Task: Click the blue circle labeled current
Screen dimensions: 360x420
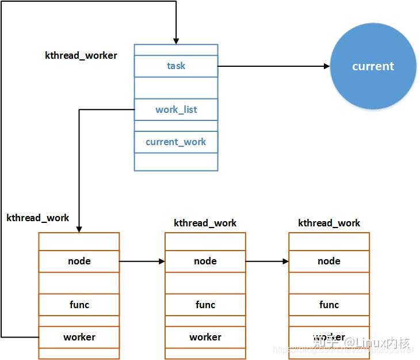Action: (x=373, y=66)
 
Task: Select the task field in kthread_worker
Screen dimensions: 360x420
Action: (x=176, y=66)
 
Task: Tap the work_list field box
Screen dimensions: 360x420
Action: (x=176, y=109)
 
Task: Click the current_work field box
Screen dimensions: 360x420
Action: (x=176, y=142)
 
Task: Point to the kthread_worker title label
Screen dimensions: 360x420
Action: (x=81, y=55)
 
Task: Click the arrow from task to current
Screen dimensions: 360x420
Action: (x=273, y=66)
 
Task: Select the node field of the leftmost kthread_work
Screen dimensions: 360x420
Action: (x=79, y=261)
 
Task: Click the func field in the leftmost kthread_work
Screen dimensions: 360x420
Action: (x=79, y=305)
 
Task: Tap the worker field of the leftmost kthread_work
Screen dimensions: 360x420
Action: (x=79, y=337)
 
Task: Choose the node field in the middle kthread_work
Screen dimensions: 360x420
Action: (x=205, y=261)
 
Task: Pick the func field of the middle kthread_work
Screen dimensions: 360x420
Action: (x=205, y=305)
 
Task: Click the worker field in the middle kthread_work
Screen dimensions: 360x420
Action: (x=205, y=337)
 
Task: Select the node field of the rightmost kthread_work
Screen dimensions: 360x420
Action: (x=329, y=261)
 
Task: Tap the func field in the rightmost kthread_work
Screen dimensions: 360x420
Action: (x=329, y=305)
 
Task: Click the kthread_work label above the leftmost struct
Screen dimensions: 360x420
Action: (x=38, y=218)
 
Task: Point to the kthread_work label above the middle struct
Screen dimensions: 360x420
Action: (x=205, y=223)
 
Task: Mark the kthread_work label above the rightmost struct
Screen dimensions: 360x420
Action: (x=329, y=223)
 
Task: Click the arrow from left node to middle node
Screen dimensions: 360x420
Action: (x=142, y=261)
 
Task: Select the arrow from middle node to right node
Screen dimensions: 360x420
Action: (x=267, y=261)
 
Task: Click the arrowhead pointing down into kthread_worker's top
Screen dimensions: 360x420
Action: (x=176, y=39)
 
